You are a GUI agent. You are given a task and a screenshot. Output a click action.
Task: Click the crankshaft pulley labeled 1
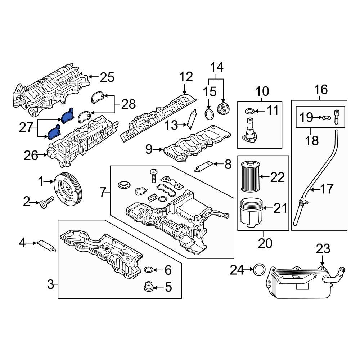[68, 189]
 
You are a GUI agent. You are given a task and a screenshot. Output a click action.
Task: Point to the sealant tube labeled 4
[46, 246]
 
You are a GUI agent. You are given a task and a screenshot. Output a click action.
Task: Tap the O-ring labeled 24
[259, 269]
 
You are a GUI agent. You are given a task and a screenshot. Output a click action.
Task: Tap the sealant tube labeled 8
[203, 166]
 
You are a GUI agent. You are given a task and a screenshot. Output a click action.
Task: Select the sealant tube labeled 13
[191, 118]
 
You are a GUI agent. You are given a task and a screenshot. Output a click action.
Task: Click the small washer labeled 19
[326, 117]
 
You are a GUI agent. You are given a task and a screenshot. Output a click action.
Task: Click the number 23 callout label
[323, 249]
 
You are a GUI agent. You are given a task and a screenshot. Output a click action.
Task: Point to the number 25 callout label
[107, 77]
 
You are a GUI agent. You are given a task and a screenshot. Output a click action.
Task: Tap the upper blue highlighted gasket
[67, 114]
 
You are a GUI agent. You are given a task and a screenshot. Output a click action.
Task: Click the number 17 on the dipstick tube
[327, 189]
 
